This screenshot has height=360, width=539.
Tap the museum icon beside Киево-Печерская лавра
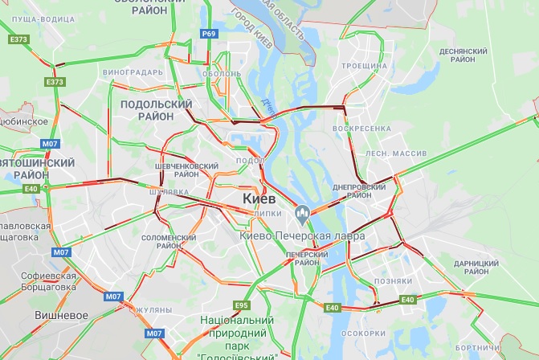point(303,215)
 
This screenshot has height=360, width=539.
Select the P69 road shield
point(209,33)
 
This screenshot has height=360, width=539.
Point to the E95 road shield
point(242,305)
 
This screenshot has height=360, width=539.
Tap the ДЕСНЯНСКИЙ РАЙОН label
point(463,55)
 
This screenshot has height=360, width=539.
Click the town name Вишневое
point(61,315)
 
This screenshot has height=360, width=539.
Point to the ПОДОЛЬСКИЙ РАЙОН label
point(157,110)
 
